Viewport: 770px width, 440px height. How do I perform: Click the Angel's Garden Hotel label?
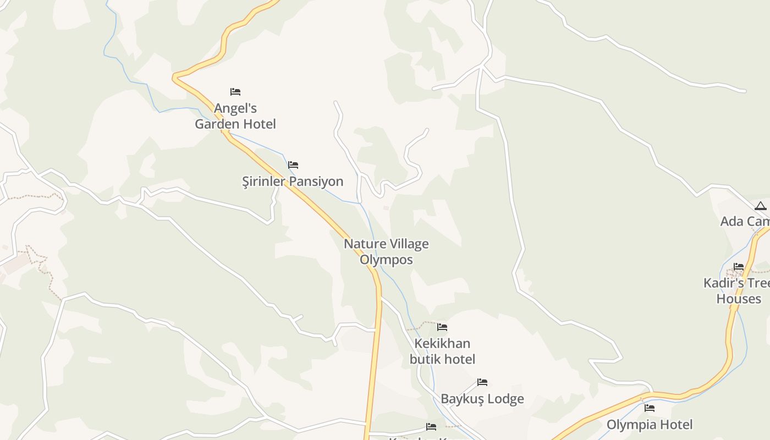(x=235, y=116)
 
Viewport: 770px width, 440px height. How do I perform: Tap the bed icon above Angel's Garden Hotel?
(x=235, y=91)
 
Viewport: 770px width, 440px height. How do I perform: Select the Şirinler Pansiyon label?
(x=293, y=182)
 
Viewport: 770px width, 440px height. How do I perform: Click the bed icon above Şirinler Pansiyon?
(x=293, y=164)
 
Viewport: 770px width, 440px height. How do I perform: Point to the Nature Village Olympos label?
(x=386, y=251)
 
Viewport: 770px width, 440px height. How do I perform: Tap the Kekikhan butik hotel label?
(x=442, y=351)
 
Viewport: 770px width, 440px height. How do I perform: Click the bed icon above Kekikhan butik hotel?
(x=442, y=327)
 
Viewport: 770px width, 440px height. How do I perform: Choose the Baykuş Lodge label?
(x=482, y=399)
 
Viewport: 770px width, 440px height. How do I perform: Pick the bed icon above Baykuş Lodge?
(x=482, y=382)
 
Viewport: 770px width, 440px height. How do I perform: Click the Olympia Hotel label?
(x=650, y=425)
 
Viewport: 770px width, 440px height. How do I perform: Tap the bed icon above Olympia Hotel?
(x=650, y=408)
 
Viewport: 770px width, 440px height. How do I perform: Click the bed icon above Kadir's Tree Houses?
(x=739, y=267)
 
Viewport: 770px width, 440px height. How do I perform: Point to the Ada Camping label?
(x=745, y=221)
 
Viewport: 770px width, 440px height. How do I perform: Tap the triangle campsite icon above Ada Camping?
(x=761, y=206)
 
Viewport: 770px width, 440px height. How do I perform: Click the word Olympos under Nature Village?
(x=386, y=260)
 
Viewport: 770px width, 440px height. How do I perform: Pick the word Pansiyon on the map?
(x=317, y=182)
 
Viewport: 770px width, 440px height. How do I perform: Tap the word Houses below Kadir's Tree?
(x=739, y=299)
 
